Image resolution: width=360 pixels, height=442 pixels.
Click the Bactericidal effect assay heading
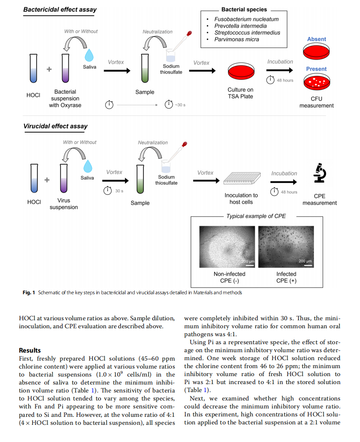click(x=60, y=10)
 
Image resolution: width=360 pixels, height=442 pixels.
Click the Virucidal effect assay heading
click(x=55, y=126)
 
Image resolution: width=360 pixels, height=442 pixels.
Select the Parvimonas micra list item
click(x=237, y=39)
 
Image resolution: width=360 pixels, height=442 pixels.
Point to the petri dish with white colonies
click(x=317, y=82)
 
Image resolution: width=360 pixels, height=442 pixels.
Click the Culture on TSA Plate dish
click(x=241, y=71)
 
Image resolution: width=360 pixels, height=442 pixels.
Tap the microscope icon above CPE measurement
click(x=320, y=173)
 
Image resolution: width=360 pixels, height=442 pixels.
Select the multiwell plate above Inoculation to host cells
click(x=242, y=178)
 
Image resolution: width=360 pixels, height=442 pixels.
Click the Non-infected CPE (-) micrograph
click(x=227, y=247)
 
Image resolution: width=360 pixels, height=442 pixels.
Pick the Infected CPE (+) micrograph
click(x=286, y=247)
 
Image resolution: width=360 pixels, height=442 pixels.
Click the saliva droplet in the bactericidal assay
click(x=89, y=55)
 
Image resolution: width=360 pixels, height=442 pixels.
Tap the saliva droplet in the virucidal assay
click(x=88, y=166)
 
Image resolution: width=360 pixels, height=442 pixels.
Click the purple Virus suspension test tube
click(x=64, y=178)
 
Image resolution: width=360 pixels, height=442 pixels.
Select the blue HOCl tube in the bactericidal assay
click(x=33, y=68)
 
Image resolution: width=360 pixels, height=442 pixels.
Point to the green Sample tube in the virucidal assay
click(x=140, y=179)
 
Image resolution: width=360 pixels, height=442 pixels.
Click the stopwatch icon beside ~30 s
click(x=169, y=104)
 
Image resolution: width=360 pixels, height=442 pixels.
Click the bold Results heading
click(x=30, y=350)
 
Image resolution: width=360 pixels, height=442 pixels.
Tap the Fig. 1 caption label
click(x=29, y=293)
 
